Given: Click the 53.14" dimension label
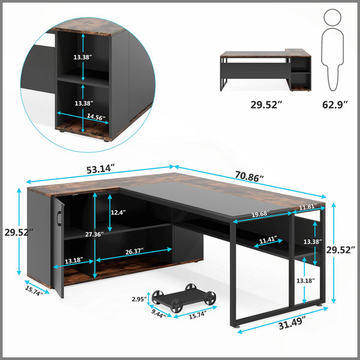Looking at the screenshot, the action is point(100,169).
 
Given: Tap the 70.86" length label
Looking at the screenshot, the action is point(249,176).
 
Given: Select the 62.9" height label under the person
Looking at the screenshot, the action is point(335,104).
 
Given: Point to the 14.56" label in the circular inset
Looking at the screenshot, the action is point(96,117).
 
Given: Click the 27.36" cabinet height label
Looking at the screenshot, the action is point(94,235).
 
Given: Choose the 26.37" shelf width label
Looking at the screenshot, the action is point(134,251).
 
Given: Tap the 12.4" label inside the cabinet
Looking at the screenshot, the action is point(118,212).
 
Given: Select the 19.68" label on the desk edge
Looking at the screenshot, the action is point(260,214).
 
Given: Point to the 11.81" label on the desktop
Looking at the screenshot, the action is point(308,207).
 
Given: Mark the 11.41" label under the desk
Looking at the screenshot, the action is point(268,240).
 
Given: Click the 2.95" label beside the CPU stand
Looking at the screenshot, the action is point(139,299).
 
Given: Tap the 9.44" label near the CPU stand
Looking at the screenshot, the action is point(158,314).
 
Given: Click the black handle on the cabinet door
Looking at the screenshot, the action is point(59,218).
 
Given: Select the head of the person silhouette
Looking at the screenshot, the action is point(332,17).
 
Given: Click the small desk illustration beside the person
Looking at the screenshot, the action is point(265,70).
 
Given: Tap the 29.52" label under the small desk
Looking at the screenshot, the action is point(266,104).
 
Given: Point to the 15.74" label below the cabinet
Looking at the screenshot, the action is point(34,290).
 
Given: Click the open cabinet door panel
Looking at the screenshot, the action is point(58,247).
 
